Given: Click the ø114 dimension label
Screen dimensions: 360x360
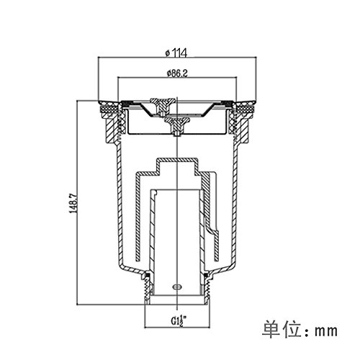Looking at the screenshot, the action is pos(176,53).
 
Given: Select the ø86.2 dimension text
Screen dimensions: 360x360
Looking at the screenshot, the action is pos(177,73).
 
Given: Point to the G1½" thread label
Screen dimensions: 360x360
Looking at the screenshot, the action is pos(179,320).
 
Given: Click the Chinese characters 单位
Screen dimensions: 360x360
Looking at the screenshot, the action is pos(281,330).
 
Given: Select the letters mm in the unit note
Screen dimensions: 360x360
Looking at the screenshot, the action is pos(326,331).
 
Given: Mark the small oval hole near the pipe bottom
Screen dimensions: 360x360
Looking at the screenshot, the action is pos(177,287).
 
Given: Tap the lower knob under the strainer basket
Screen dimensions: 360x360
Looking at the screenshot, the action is pos(176,126).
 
